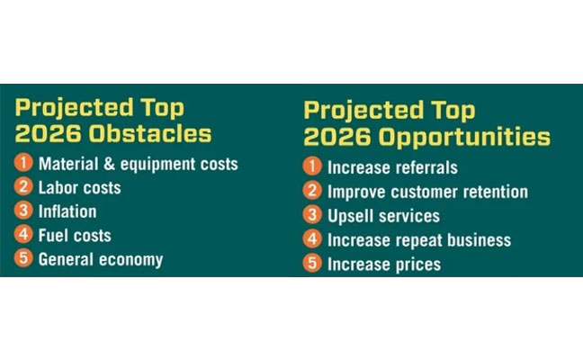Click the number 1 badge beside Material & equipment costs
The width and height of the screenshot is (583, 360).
24,164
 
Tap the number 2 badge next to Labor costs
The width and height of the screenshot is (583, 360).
24,188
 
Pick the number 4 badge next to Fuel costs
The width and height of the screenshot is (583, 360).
24,236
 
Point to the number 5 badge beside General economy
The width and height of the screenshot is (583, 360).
24,259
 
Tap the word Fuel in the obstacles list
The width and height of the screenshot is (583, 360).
53,236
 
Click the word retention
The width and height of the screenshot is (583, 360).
491,192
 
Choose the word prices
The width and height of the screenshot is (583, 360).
416,265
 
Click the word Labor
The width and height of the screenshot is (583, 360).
58,188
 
